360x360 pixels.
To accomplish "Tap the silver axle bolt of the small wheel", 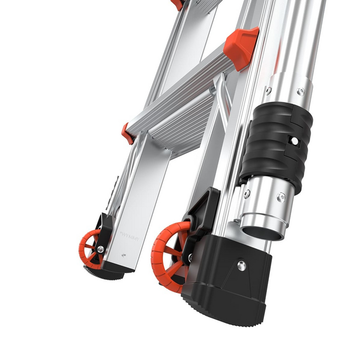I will (x=100, y=249).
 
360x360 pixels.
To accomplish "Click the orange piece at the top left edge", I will (x=177, y=4).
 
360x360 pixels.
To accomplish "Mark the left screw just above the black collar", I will (x=269, y=91).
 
